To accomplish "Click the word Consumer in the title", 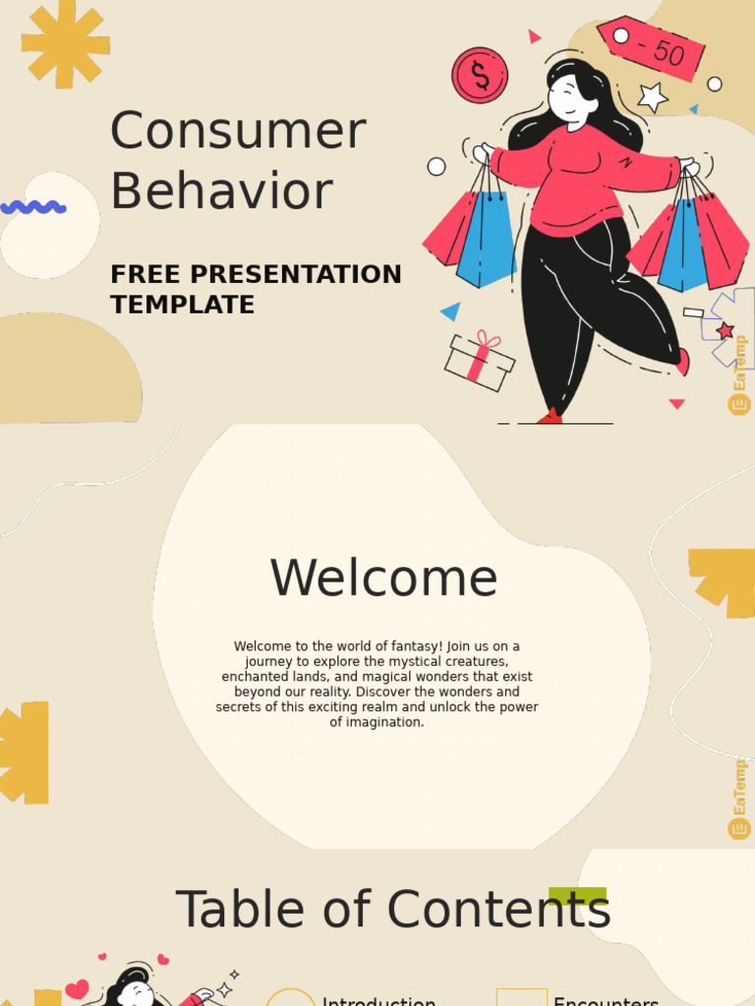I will coord(238,132).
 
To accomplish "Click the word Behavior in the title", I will coord(221,192).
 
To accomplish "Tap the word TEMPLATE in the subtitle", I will coord(182,305).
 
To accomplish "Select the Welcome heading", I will coord(383,578).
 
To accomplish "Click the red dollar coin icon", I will coord(480,76).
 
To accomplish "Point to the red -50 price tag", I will coord(651,46).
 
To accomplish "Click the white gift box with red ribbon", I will coord(479,361).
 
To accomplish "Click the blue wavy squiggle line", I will coord(33,207).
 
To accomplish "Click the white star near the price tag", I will coord(653,96).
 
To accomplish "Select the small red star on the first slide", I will coord(726,330).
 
